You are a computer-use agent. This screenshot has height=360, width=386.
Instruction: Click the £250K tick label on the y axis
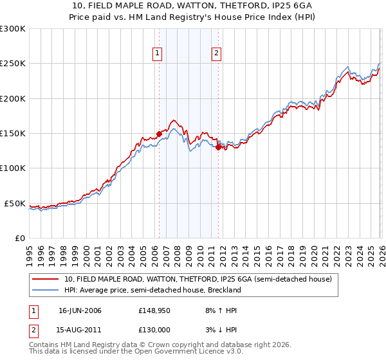tap(13, 64)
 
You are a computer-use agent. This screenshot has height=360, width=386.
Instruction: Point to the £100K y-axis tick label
tap(13, 168)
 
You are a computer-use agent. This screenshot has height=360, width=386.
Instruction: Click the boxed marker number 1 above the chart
tap(158, 53)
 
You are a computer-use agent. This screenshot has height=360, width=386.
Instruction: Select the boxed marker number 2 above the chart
tap(217, 53)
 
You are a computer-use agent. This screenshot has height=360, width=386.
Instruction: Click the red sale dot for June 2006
tap(159, 134)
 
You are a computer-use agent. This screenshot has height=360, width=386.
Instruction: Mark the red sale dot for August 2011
tap(218, 147)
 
